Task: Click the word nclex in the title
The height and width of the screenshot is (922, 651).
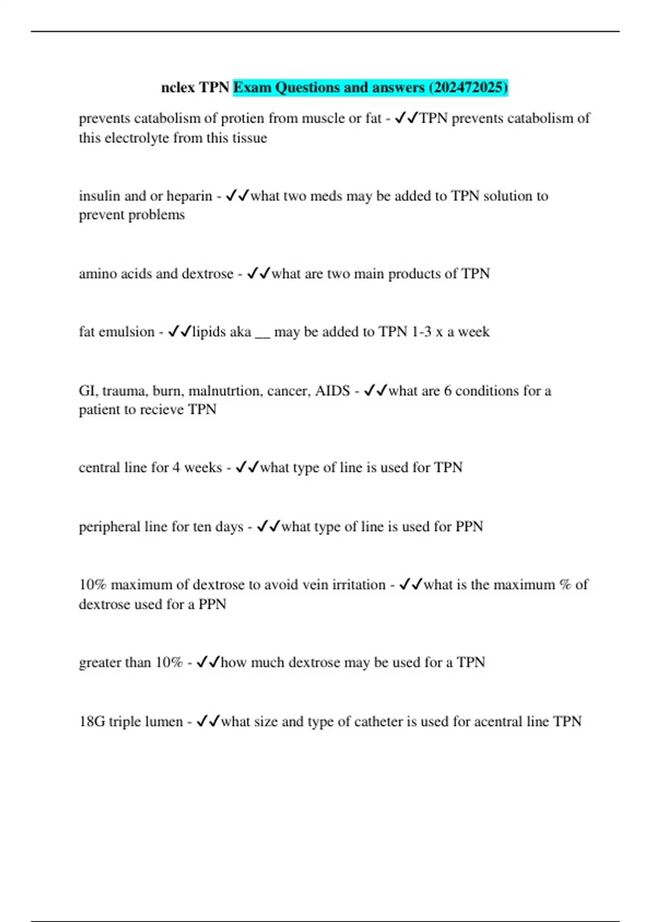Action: pyautogui.click(x=177, y=87)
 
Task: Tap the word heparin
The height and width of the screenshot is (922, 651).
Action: pyautogui.click(x=189, y=196)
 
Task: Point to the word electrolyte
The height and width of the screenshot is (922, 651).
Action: pyautogui.click(x=137, y=138)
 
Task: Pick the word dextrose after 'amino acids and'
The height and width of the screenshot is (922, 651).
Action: pyautogui.click(x=207, y=273)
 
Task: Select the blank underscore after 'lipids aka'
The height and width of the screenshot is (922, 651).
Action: pyautogui.click(x=262, y=332)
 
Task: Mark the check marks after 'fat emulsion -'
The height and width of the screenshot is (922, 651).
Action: pyautogui.click(x=180, y=331)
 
